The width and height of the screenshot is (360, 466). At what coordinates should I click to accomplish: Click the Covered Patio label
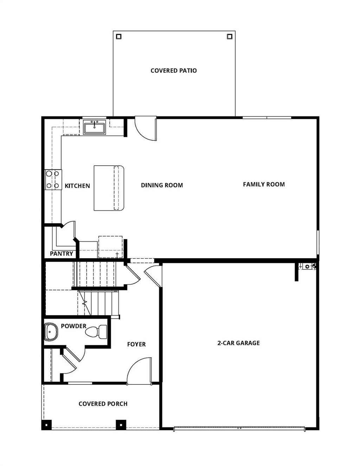coord(174,71)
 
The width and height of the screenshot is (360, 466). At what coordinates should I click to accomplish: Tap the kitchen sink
coord(95,127)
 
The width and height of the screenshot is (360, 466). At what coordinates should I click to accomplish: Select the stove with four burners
coord(53,180)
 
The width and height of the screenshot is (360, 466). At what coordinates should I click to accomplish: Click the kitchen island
coord(109,188)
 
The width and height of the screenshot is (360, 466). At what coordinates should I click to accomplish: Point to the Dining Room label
coord(162,185)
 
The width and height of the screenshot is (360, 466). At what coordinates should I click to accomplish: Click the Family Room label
coord(264,184)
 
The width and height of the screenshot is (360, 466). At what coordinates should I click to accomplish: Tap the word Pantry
coord(62,254)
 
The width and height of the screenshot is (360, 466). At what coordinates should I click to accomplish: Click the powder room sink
coord(51,332)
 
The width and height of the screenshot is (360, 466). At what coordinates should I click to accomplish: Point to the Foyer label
coord(136,344)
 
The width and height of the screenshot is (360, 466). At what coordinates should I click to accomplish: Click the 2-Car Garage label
coord(238,343)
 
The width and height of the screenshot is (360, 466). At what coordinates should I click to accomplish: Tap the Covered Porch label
coord(103,404)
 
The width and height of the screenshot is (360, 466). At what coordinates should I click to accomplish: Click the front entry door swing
coord(140,371)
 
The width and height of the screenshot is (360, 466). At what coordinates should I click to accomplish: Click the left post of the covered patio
coord(119,36)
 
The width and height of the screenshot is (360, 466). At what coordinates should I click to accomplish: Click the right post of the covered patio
coord(230,36)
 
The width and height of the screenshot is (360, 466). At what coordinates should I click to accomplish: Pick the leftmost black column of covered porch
coord(46,424)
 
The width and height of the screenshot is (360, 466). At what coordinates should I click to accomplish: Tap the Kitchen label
coord(77,186)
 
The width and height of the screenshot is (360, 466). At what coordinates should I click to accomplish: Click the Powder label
coord(73,326)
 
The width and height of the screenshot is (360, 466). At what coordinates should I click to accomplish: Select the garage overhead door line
coord(239,428)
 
